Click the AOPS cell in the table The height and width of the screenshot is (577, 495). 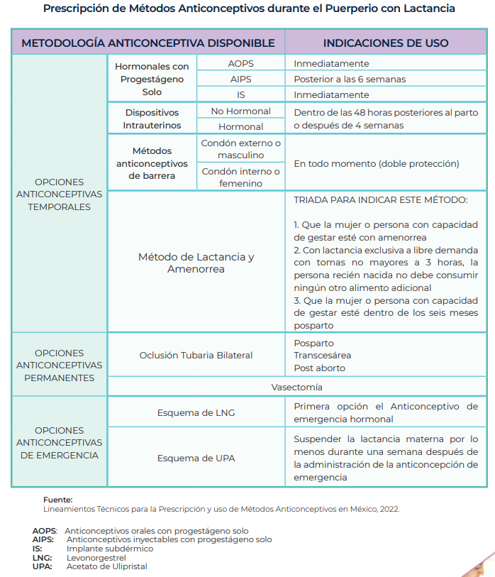pyautogui.click(x=240, y=63)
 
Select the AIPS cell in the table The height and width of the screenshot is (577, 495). pyautogui.click(x=240, y=79)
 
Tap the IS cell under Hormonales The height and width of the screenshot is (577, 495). pyautogui.click(x=240, y=94)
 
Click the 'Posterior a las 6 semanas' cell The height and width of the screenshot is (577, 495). pyautogui.click(x=350, y=79)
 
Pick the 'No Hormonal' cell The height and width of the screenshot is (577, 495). pyautogui.click(x=240, y=111)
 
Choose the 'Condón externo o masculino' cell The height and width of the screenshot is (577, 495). pyautogui.click(x=240, y=149)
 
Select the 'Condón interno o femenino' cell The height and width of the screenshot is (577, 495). pyautogui.click(x=240, y=177)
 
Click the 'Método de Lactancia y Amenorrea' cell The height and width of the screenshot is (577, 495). pyautogui.click(x=196, y=263)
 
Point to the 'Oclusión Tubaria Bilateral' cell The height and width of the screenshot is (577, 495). pyautogui.click(x=196, y=356)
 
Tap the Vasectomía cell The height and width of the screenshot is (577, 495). pyautogui.click(x=296, y=388)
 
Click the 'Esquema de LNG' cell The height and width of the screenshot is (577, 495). pyautogui.click(x=196, y=412)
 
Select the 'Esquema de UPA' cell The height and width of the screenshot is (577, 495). pyautogui.click(x=196, y=458)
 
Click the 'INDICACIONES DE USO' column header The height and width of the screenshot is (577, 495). pyautogui.click(x=386, y=43)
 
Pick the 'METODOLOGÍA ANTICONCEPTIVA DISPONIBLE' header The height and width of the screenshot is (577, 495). pyautogui.click(x=148, y=43)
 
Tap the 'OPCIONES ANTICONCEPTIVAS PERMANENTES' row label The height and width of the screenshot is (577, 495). pyautogui.click(x=60, y=366)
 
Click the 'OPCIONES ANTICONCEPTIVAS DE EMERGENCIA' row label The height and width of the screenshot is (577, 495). pyautogui.click(x=60, y=443)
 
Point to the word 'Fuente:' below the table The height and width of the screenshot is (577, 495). pyautogui.click(x=58, y=500)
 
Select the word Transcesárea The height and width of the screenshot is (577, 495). pyautogui.click(x=323, y=356)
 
